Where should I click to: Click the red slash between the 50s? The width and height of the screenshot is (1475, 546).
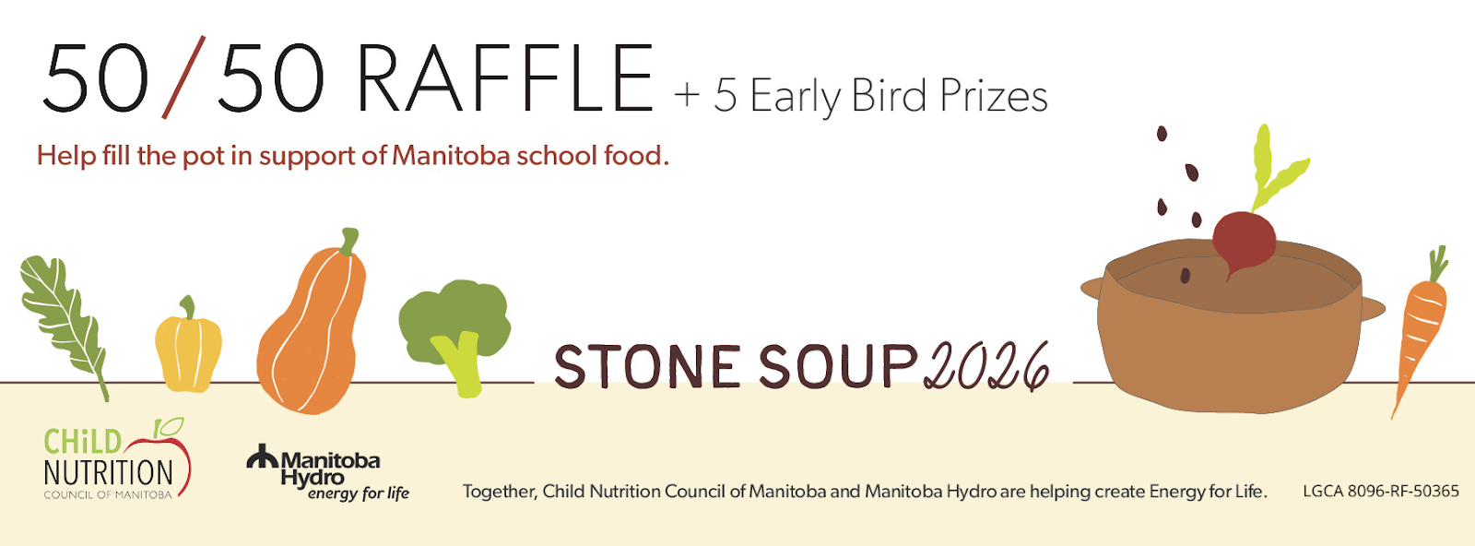(184, 77)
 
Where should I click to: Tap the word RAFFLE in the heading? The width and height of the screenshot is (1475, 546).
(505, 78)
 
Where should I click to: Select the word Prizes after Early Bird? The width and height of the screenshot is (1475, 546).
(994, 97)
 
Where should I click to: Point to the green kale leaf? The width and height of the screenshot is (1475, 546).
(64, 323)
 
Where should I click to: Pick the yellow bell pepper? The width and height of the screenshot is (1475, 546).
(188, 346)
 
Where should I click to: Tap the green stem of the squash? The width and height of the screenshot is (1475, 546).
(349, 241)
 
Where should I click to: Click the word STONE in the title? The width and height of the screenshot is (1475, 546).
(647, 367)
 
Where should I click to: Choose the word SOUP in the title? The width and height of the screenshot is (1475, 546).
(838, 365)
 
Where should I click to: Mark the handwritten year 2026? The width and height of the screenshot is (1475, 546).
(986, 366)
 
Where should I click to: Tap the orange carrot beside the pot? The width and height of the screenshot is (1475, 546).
(1421, 329)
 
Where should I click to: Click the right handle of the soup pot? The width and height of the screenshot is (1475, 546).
(1373, 308)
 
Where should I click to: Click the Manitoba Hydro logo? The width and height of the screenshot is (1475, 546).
(328, 472)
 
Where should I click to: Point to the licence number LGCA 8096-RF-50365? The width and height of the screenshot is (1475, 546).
(1381, 492)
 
